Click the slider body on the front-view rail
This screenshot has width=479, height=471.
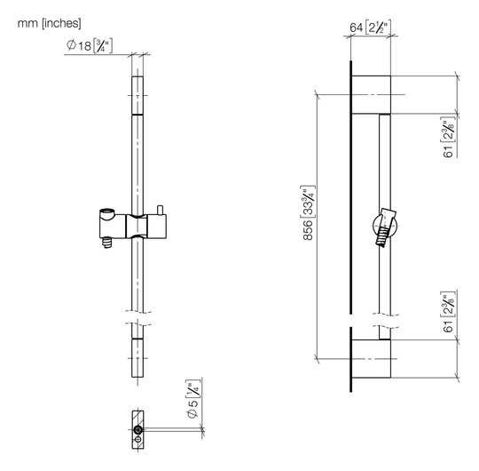point(137,229)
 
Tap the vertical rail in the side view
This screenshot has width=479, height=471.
point(384,284)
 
